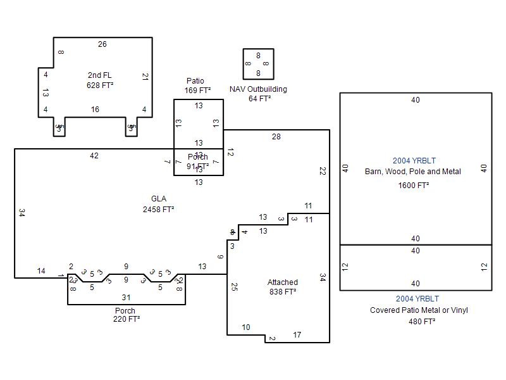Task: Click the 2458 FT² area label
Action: (158, 209)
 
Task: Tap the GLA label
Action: (159, 199)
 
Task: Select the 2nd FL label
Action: (100, 75)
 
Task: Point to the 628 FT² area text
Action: (100, 85)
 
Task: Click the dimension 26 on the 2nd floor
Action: (102, 44)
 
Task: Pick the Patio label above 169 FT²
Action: (195, 81)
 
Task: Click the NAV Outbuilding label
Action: (258, 89)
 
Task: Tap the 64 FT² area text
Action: (259, 99)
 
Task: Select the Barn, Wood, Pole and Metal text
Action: (413, 172)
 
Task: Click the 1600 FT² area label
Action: (414, 186)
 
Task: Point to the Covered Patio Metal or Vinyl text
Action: (419, 310)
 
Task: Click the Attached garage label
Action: (282, 282)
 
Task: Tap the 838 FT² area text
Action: (282, 292)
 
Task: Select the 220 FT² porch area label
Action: (125, 319)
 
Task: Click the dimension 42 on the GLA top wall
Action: (94, 156)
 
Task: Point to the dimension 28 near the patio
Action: (276, 137)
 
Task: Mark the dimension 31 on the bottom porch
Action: (126, 297)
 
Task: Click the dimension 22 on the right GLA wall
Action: (322, 171)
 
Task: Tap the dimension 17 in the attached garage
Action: (297, 335)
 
